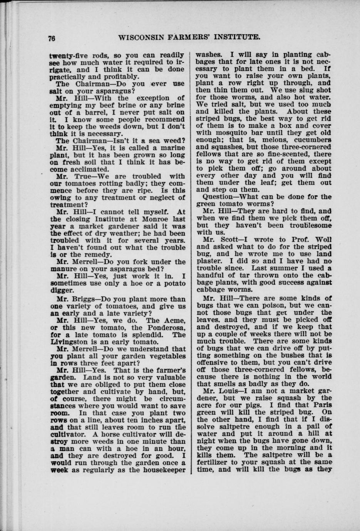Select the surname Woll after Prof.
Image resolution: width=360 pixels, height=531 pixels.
(323, 239)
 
